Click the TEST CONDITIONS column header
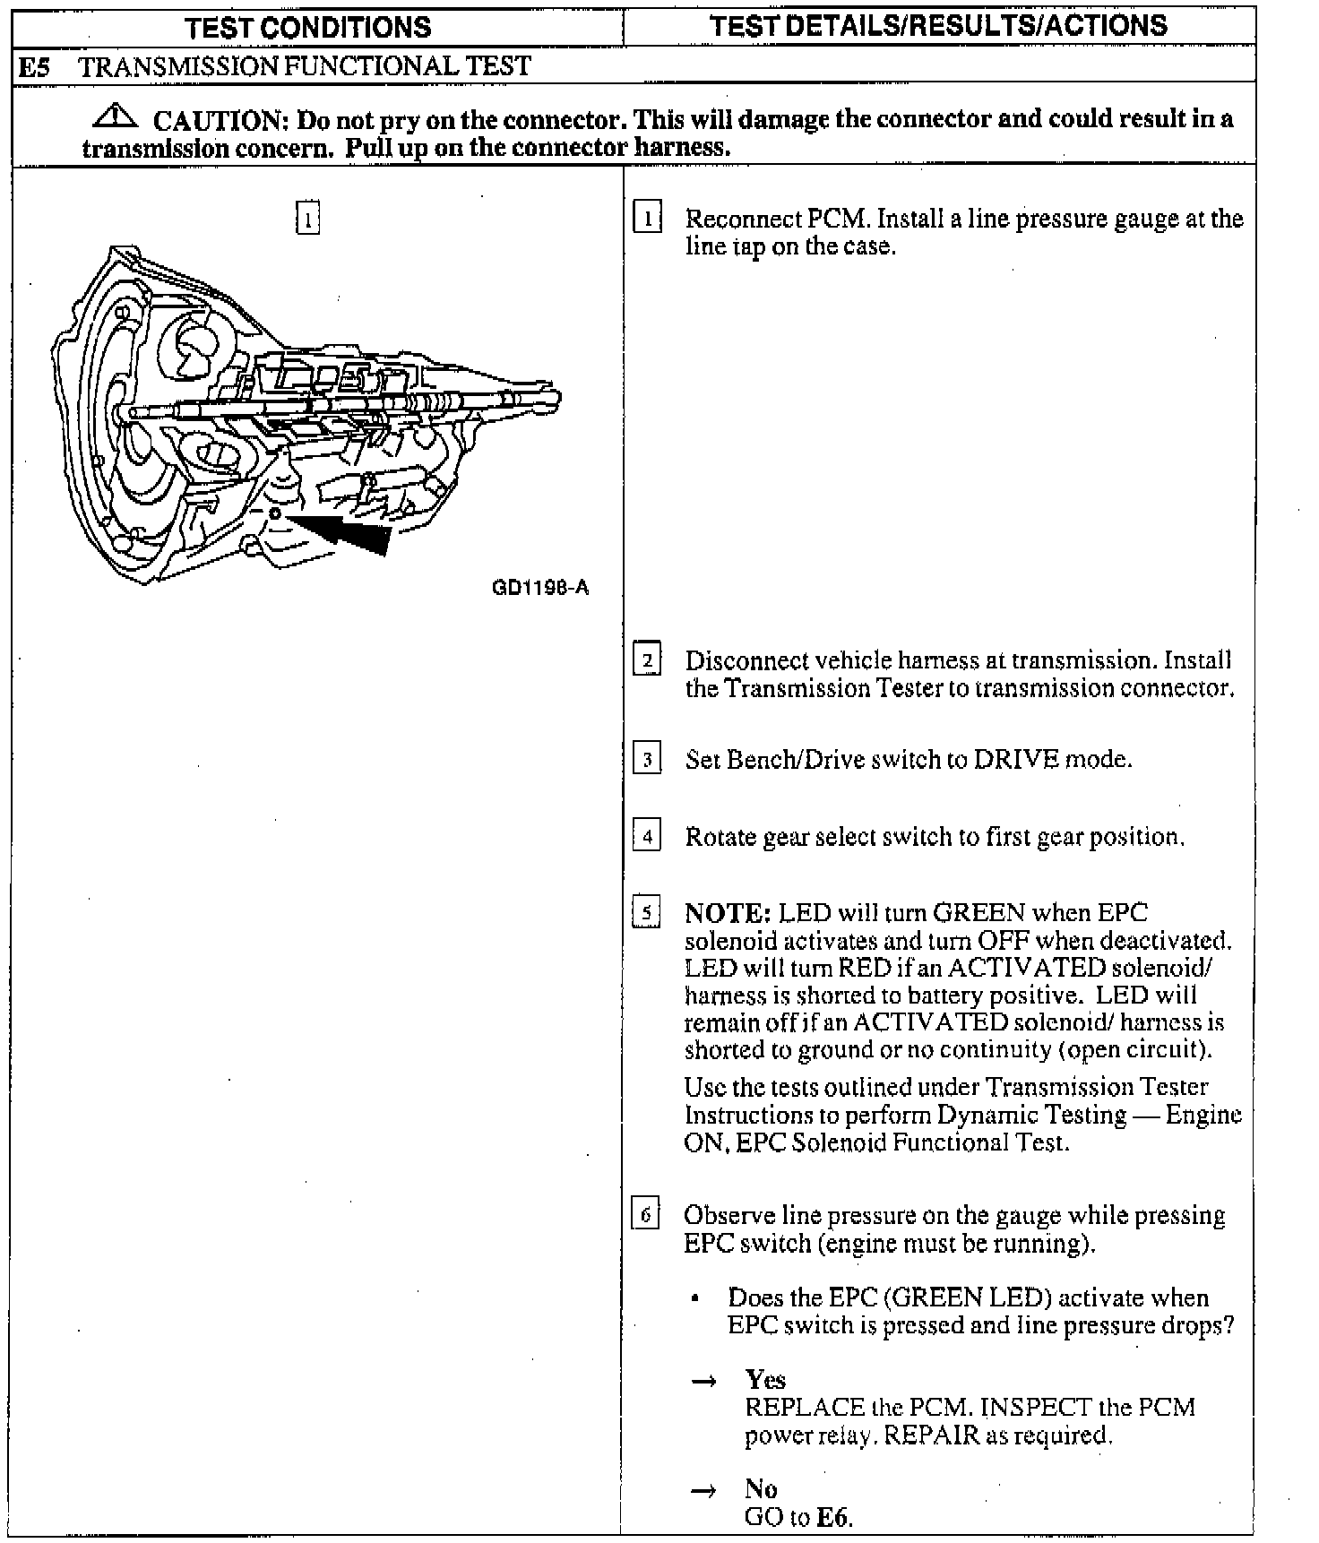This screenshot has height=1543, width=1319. (x=308, y=27)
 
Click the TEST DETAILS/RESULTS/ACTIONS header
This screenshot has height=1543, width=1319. (x=938, y=25)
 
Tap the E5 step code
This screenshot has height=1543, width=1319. (x=33, y=66)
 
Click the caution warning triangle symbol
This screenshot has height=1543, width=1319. (x=114, y=116)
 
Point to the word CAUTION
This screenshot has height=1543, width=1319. (x=219, y=119)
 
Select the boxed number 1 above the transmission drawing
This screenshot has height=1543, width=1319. (x=307, y=218)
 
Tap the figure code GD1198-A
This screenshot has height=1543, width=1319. (x=540, y=588)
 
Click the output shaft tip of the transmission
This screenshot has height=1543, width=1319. (x=553, y=397)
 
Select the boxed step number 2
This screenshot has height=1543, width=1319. (x=647, y=661)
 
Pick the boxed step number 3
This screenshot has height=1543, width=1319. (x=647, y=760)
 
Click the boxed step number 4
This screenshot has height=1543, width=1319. (x=647, y=837)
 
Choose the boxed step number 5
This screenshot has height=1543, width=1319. (x=647, y=914)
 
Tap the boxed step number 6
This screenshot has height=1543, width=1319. (x=646, y=1216)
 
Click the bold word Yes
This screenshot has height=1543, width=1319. (x=765, y=1380)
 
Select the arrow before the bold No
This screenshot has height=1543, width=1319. (x=704, y=1490)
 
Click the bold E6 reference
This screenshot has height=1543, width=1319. (x=833, y=1517)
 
